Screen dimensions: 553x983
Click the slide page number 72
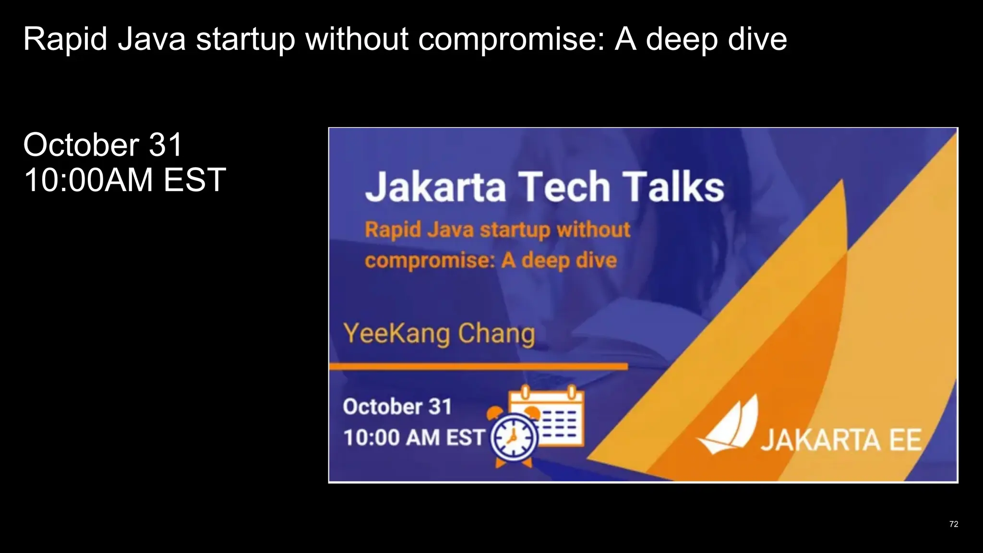953,524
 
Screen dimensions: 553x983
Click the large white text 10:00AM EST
124,180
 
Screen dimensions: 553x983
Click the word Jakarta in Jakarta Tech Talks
435,187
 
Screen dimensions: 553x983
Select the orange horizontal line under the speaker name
478,367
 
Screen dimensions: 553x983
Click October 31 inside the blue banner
397,407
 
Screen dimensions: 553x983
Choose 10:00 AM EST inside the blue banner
414,438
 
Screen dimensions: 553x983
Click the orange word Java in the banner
450,230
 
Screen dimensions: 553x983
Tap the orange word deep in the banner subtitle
545,261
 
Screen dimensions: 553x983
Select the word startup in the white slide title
245,39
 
